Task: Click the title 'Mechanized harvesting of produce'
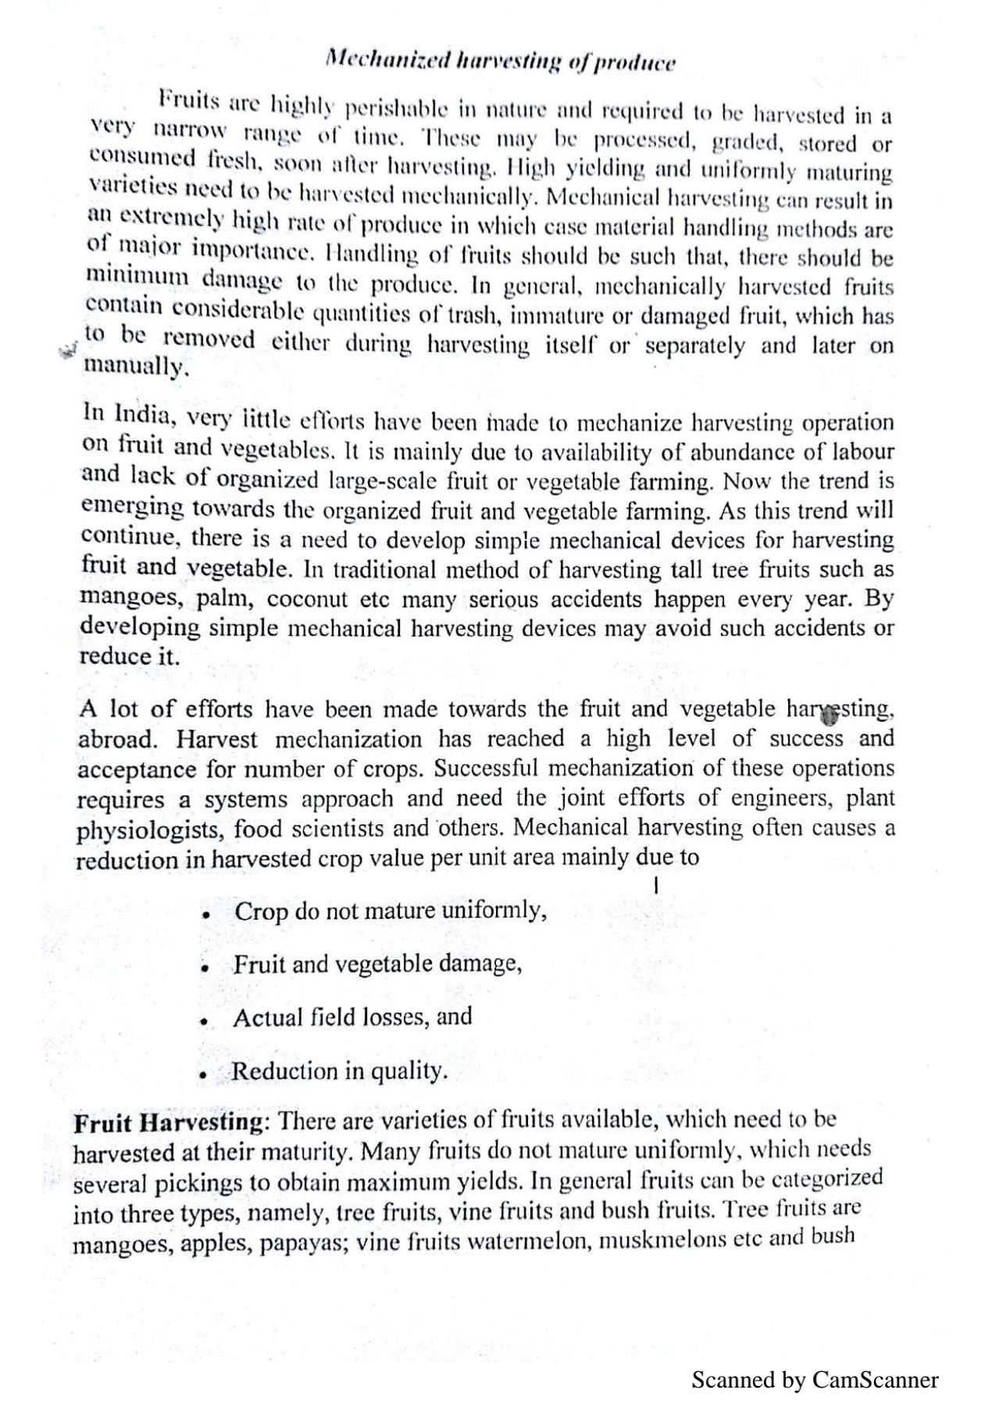500,61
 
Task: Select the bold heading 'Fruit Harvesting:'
171,1123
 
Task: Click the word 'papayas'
303,1243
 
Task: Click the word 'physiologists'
150,830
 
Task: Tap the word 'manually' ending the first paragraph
136,366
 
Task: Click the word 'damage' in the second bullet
478,964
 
